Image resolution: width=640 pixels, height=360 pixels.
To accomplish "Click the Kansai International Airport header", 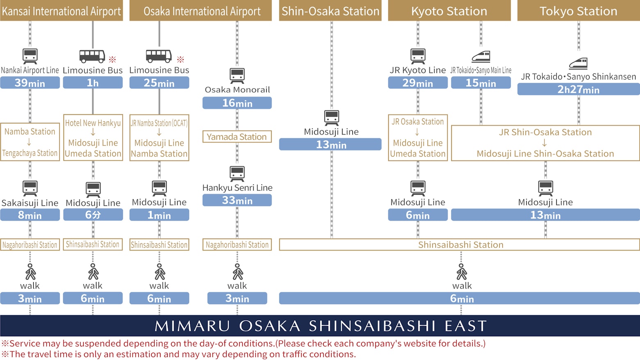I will pyautogui.click(x=62, y=11).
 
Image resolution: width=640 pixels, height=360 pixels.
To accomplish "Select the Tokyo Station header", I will pyautogui.click(x=578, y=11).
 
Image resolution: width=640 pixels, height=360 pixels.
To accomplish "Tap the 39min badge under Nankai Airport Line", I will pyautogui.click(x=30, y=83).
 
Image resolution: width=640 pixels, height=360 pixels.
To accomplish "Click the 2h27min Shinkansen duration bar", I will pyautogui.click(x=578, y=89).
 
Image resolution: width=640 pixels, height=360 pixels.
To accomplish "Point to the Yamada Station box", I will pyautogui.click(x=237, y=137).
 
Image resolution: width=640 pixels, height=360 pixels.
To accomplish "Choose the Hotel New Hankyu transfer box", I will pyautogui.click(x=93, y=138).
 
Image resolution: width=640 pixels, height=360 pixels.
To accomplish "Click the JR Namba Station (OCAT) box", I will pyautogui.click(x=159, y=138).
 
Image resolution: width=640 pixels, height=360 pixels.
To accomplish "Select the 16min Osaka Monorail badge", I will pyautogui.click(x=237, y=103).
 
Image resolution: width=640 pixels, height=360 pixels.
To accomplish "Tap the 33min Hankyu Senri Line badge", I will pyautogui.click(x=237, y=200).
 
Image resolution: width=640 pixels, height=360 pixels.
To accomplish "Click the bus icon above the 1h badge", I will pyautogui.click(x=92, y=56).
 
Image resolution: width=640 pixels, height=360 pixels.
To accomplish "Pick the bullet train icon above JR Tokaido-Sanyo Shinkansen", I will pyautogui.click(x=578, y=63).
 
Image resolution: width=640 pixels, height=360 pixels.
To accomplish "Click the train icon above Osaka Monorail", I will pyautogui.click(x=237, y=76).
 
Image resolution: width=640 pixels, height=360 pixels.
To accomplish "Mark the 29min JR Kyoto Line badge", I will pyautogui.click(x=418, y=83).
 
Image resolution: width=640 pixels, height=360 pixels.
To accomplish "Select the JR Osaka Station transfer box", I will pyautogui.click(x=418, y=138).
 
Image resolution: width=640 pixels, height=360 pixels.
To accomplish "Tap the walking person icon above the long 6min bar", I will pyautogui.click(x=462, y=271).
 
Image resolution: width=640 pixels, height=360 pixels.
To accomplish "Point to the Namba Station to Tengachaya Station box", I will pyautogui.click(x=30, y=142).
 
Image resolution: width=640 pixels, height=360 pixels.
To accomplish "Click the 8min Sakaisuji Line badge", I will pyautogui.click(x=30, y=215).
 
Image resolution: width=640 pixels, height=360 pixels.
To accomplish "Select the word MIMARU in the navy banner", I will pyautogui.click(x=192, y=326).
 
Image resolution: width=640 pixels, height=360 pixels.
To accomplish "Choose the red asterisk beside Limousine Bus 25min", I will pyautogui.click(x=181, y=59).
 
